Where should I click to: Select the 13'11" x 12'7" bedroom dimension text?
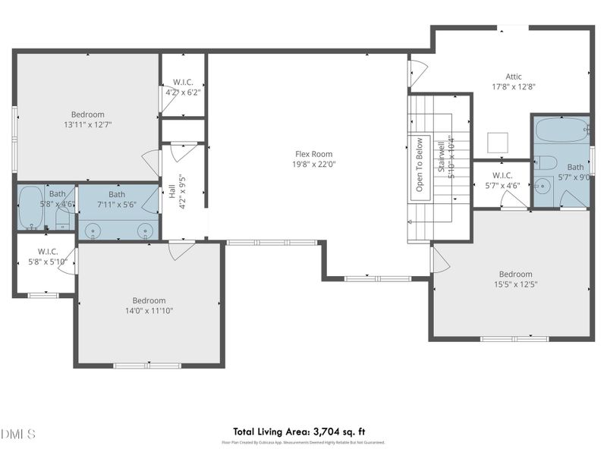[88, 124]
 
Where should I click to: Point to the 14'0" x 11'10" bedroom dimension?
[149, 310]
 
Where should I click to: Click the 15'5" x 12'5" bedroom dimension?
[515, 284]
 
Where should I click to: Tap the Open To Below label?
[418, 164]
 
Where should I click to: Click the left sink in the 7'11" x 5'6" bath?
[93, 229]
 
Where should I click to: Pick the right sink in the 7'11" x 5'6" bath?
[146, 229]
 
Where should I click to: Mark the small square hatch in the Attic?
[497, 143]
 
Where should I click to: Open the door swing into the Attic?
[418, 73]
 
